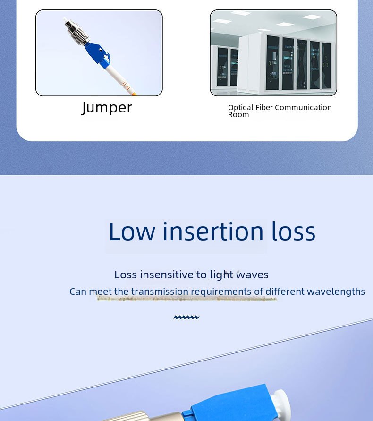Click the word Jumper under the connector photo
(107, 108)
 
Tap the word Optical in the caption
(241, 108)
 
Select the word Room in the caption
(238, 115)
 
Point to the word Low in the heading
(132, 232)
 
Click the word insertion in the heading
(213, 231)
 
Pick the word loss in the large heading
(294, 231)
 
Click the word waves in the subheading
(252, 275)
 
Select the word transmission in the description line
(160, 292)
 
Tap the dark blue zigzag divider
(186, 318)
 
